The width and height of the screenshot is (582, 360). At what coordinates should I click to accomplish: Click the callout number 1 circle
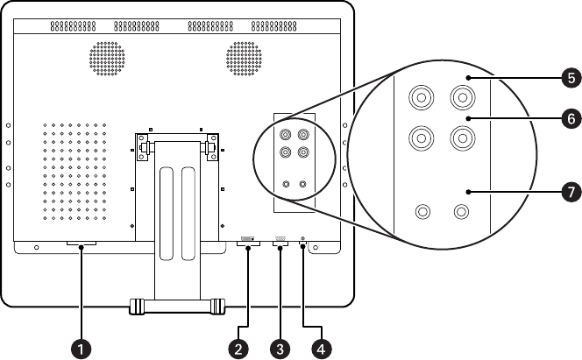click(82, 348)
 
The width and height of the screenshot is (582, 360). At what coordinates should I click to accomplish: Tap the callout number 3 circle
click(280, 348)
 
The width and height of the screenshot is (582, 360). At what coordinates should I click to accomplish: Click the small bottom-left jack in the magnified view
click(422, 212)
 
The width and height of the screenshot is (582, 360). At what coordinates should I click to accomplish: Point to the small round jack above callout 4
click(303, 239)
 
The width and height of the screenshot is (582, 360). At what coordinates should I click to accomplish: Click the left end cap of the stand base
click(135, 307)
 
